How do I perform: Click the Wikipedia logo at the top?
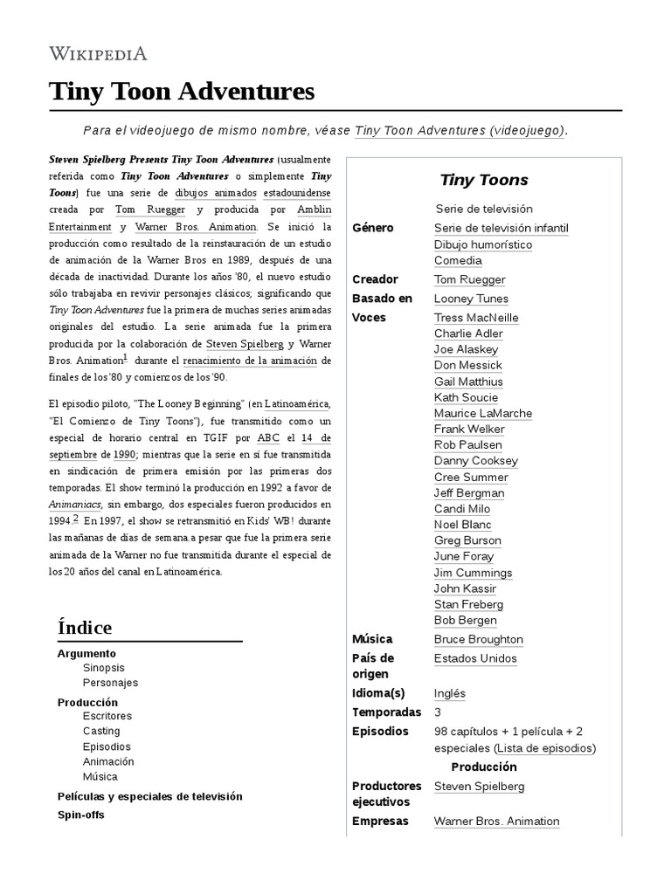tap(98, 52)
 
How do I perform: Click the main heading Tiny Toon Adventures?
tap(181, 91)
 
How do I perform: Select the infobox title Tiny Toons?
tap(483, 180)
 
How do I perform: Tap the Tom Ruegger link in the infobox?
tap(469, 279)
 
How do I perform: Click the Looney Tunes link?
tap(472, 299)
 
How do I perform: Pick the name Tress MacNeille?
tap(476, 318)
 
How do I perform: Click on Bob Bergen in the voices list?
tap(466, 620)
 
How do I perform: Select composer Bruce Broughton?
tap(478, 639)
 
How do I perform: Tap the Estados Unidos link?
tap(474, 658)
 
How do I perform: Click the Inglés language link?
tap(449, 693)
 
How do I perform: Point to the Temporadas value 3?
tap(438, 712)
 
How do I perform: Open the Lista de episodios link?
tap(543, 748)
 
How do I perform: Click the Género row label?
tap(373, 228)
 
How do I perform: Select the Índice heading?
tap(85, 628)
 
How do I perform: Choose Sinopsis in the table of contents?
tap(104, 668)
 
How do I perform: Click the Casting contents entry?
tap(101, 731)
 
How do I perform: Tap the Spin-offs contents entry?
tap(80, 815)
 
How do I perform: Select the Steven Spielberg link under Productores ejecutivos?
tap(479, 787)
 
